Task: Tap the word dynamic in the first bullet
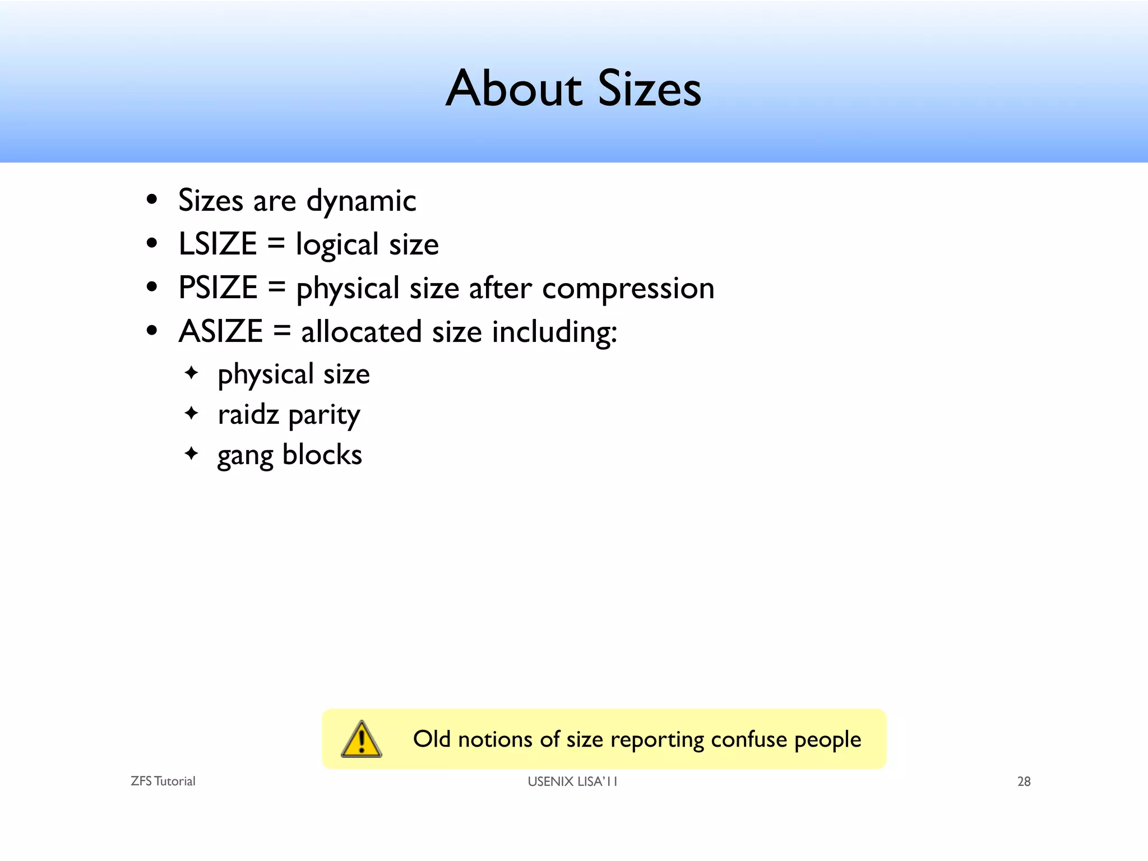(x=361, y=201)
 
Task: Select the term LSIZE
(x=217, y=244)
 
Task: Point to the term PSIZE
(x=217, y=288)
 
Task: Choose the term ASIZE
(x=220, y=331)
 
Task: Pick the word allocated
(x=361, y=332)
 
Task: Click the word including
(x=554, y=332)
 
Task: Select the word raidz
(x=248, y=415)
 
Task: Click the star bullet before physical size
(x=192, y=372)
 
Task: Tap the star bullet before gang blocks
(x=192, y=453)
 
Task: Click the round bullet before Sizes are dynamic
(x=151, y=200)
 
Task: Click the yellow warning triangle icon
(x=362, y=739)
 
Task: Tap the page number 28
(x=1024, y=781)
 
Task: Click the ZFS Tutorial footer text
(x=163, y=781)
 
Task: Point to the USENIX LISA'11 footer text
(x=572, y=781)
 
